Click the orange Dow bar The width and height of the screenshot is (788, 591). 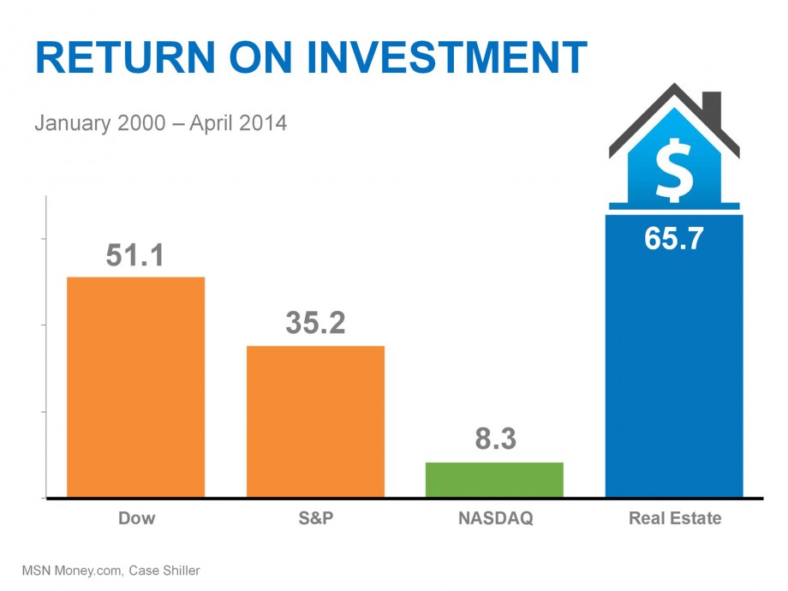(x=135, y=386)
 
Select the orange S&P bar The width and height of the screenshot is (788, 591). (x=315, y=421)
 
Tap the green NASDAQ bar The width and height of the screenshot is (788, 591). (x=494, y=480)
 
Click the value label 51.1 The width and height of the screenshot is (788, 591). (x=134, y=255)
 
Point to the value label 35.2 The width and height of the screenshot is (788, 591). (x=315, y=324)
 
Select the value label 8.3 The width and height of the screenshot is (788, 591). (x=495, y=440)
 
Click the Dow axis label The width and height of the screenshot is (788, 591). (x=136, y=518)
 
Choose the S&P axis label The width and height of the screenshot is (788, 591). (x=315, y=518)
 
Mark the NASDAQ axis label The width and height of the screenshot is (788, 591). (x=495, y=518)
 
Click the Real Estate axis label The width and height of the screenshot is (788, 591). (x=675, y=518)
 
